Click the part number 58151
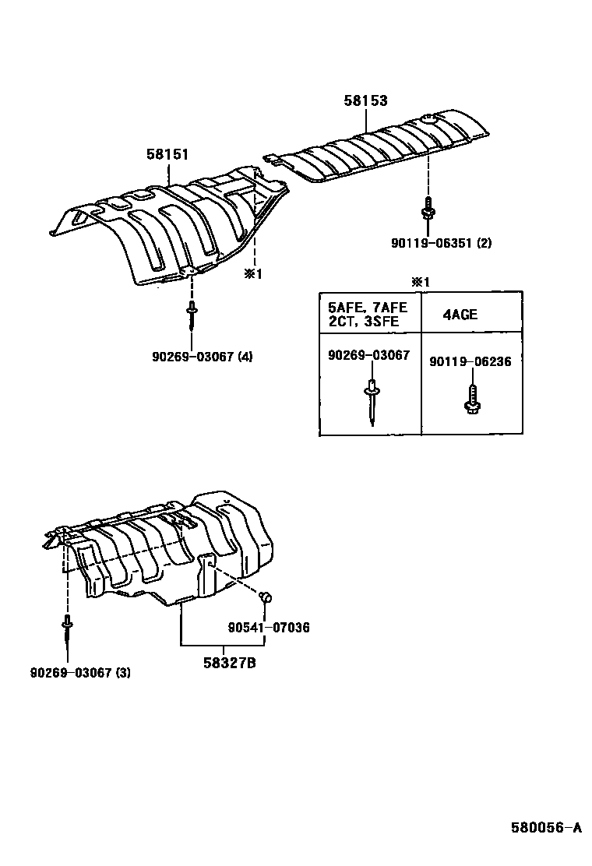167,154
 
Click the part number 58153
366,100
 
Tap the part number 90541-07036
269,627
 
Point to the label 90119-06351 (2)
441,243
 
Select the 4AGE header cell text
460,315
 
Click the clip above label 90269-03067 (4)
191,319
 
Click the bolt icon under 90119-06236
472,397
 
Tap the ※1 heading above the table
420,282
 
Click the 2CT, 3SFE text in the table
362,321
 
